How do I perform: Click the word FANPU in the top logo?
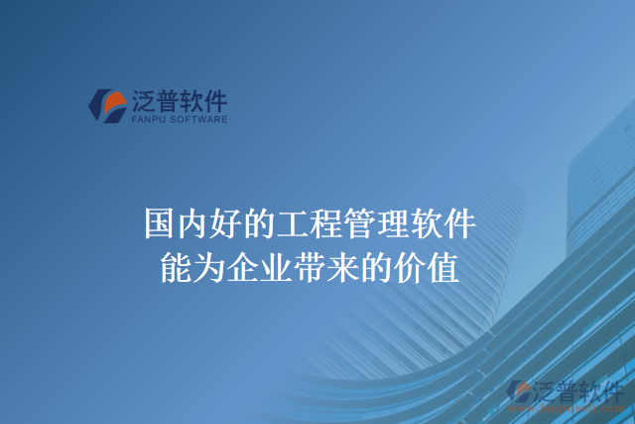pyautogui.click(x=147, y=119)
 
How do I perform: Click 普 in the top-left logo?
pyautogui.click(x=168, y=100)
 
